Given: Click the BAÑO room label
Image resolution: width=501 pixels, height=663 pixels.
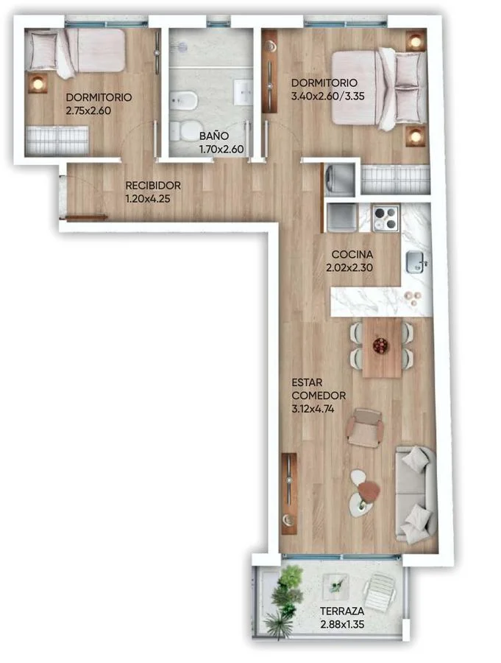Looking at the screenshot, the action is (x=214, y=136).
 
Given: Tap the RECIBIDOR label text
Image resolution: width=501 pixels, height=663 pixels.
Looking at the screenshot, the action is (x=153, y=185).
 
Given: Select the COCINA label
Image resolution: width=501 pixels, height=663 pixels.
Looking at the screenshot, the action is (x=352, y=254).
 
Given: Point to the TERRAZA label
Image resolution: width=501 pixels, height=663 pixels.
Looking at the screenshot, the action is (x=342, y=611).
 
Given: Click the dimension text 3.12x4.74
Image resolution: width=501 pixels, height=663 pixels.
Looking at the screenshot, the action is (x=313, y=409).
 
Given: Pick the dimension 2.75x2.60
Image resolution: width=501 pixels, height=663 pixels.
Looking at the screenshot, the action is (x=88, y=110).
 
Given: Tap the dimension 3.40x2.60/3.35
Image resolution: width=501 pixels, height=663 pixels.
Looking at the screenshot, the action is (x=328, y=96).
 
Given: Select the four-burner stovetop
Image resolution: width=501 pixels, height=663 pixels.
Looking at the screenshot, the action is (x=385, y=218).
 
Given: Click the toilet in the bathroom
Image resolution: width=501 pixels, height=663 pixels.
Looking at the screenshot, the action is (x=184, y=131).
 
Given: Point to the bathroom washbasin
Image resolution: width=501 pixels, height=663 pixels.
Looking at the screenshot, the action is (x=244, y=91).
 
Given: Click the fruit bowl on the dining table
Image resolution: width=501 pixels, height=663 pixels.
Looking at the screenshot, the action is (x=381, y=345).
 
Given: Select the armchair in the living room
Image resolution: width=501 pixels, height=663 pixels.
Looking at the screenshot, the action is (x=365, y=428).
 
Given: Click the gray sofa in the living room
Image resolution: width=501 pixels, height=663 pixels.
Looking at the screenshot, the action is (x=415, y=494).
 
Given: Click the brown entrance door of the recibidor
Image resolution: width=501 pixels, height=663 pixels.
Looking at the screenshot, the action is (x=86, y=218).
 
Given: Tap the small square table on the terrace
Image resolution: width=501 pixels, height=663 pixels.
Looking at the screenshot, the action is (x=335, y=586).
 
